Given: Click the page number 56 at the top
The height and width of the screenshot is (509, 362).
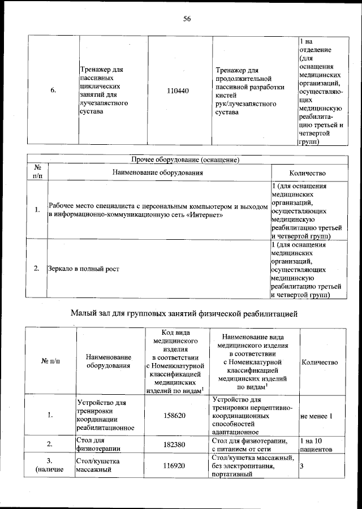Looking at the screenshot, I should tap(187, 19).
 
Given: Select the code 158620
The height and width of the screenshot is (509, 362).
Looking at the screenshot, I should tap(178, 415).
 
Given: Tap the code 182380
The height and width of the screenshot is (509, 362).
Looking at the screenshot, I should tap(178, 445).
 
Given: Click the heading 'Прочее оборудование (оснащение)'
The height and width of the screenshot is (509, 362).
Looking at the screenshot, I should tap(186, 159).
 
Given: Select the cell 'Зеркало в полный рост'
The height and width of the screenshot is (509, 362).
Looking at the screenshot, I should tap(84, 269).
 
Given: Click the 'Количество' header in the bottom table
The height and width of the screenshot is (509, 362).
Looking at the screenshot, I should tap(320, 362).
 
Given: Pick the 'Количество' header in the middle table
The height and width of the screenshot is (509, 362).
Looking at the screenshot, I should tap(307, 172).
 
